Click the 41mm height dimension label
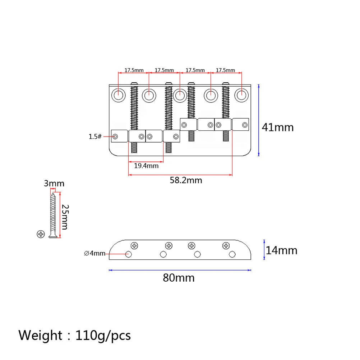(277, 127)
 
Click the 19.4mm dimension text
(146, 166)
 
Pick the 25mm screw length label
(65, 217)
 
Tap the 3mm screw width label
(54, 184)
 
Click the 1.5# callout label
(95, 137)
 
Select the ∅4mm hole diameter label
(94, 254)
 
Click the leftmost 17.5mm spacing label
(134, 70)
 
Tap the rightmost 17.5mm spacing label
(225, 70)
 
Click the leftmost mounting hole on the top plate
(118, 95)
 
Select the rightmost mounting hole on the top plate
(242, 95)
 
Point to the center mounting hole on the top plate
(179, 95)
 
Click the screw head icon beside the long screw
(40, 234)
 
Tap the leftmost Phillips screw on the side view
(135, 246)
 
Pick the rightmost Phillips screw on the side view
(226, 246)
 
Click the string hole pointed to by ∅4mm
(128, 254)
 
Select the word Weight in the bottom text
(40, 335)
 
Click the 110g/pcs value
(103, 336)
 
